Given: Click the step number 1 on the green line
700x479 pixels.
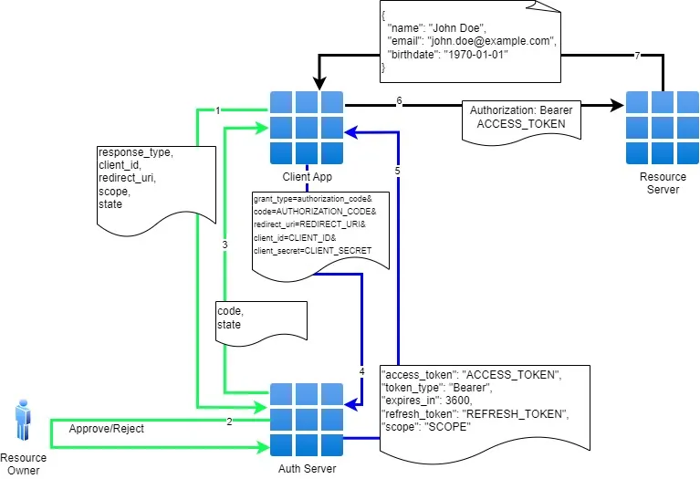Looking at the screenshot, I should coord(218,110).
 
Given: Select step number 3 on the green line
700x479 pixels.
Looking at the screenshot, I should coord(225,245).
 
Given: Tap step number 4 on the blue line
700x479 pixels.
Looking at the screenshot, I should coord(361,371).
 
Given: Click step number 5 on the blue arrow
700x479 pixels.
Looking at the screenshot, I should coord(397,170).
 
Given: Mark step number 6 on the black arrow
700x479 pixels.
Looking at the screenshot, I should coord(399,100).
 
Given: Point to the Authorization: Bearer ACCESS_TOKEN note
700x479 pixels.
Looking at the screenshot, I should coord(521,118).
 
